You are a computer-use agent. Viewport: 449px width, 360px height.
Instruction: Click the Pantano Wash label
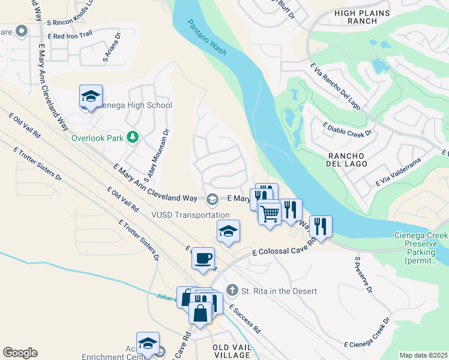click(207, 38)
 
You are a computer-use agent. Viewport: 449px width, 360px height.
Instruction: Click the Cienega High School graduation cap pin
click(91, 96)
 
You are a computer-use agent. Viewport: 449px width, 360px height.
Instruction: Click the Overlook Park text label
click(97, 138)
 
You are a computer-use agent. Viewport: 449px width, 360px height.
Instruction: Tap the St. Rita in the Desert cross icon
click(233, 291)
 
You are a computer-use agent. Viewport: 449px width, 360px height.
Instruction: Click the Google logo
click(20, 353)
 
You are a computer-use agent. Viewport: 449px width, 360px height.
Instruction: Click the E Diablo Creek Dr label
click(348, 128)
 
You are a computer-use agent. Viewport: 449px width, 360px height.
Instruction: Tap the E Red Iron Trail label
click(73, 36)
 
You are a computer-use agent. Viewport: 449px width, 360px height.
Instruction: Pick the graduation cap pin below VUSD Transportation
click(228, 231)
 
